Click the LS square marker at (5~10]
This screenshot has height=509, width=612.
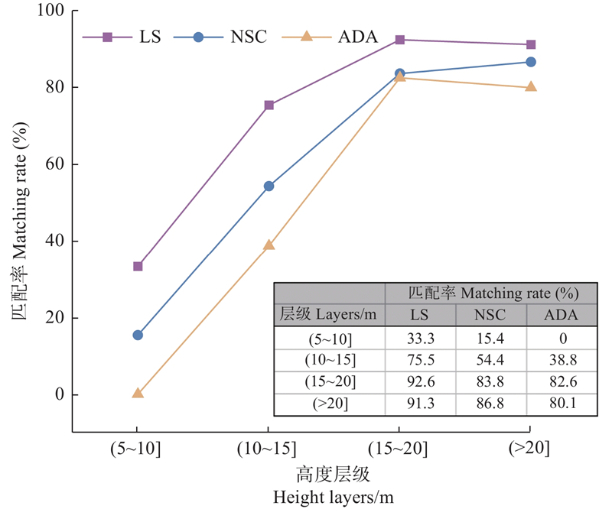(138, 266)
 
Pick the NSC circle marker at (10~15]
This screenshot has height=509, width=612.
(269, 186)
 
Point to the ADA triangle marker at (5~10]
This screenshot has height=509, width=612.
(138, 393)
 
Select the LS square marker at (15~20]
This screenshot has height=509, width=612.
(399, 40)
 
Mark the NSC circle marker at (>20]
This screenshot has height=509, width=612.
(530, 62)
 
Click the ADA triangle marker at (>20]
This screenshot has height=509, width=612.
(530, 87)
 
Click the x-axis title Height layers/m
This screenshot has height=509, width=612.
(334, 498)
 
